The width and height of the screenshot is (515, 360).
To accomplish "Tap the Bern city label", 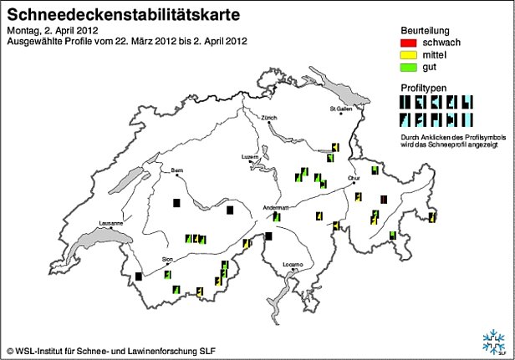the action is coord(177,170).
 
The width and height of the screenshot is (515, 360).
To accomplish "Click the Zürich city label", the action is coord(268,118).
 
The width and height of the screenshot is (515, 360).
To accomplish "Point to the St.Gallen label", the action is coord(343,109).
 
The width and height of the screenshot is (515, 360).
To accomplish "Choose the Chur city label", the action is coord(354,178).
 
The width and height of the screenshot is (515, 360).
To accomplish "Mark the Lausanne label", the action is coord(111,223).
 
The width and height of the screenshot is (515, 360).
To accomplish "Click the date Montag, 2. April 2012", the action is coord(52,30).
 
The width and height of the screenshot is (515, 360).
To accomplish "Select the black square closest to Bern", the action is coord(176,203).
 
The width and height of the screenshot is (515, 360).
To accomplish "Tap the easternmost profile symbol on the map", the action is coord(432,217).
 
